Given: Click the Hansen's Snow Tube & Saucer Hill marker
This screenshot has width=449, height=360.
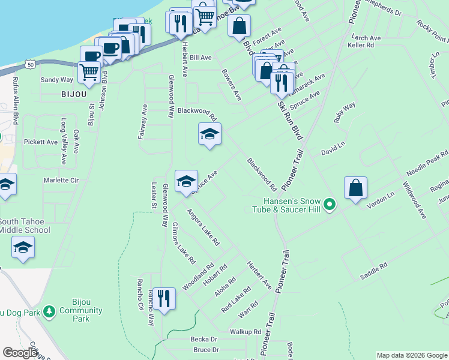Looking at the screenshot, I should tap(329, 206).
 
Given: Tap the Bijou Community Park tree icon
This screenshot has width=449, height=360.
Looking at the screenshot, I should tap(48, 311).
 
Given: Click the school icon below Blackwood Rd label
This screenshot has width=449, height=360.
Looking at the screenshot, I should tap(209, 135).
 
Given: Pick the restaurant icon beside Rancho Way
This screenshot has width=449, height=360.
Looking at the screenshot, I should tap(163, 298).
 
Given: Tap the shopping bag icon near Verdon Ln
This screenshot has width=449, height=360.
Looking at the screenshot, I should tap(355, 188).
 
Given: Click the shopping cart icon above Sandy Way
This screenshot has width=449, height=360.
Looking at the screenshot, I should tap(89, 72).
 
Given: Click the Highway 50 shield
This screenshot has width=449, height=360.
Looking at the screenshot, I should tap(30, 63).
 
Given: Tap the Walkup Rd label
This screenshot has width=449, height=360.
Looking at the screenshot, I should tap(245, 331).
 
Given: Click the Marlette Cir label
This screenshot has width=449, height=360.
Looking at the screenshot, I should tap(61, 180).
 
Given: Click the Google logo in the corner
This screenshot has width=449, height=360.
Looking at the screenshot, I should tap(20, 353).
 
